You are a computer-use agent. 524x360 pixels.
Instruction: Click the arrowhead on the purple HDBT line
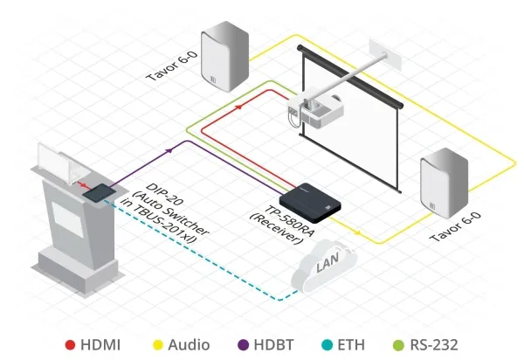point(172,150)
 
